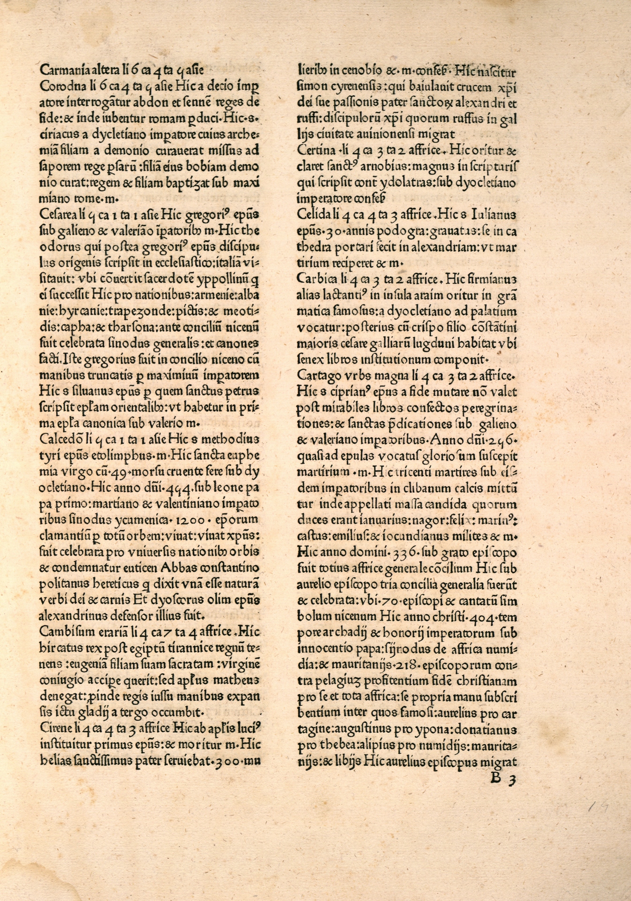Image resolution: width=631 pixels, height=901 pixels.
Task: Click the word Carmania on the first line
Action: click(x=60, y=70)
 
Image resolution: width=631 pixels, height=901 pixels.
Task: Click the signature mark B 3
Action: click(x=502, y=779)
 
